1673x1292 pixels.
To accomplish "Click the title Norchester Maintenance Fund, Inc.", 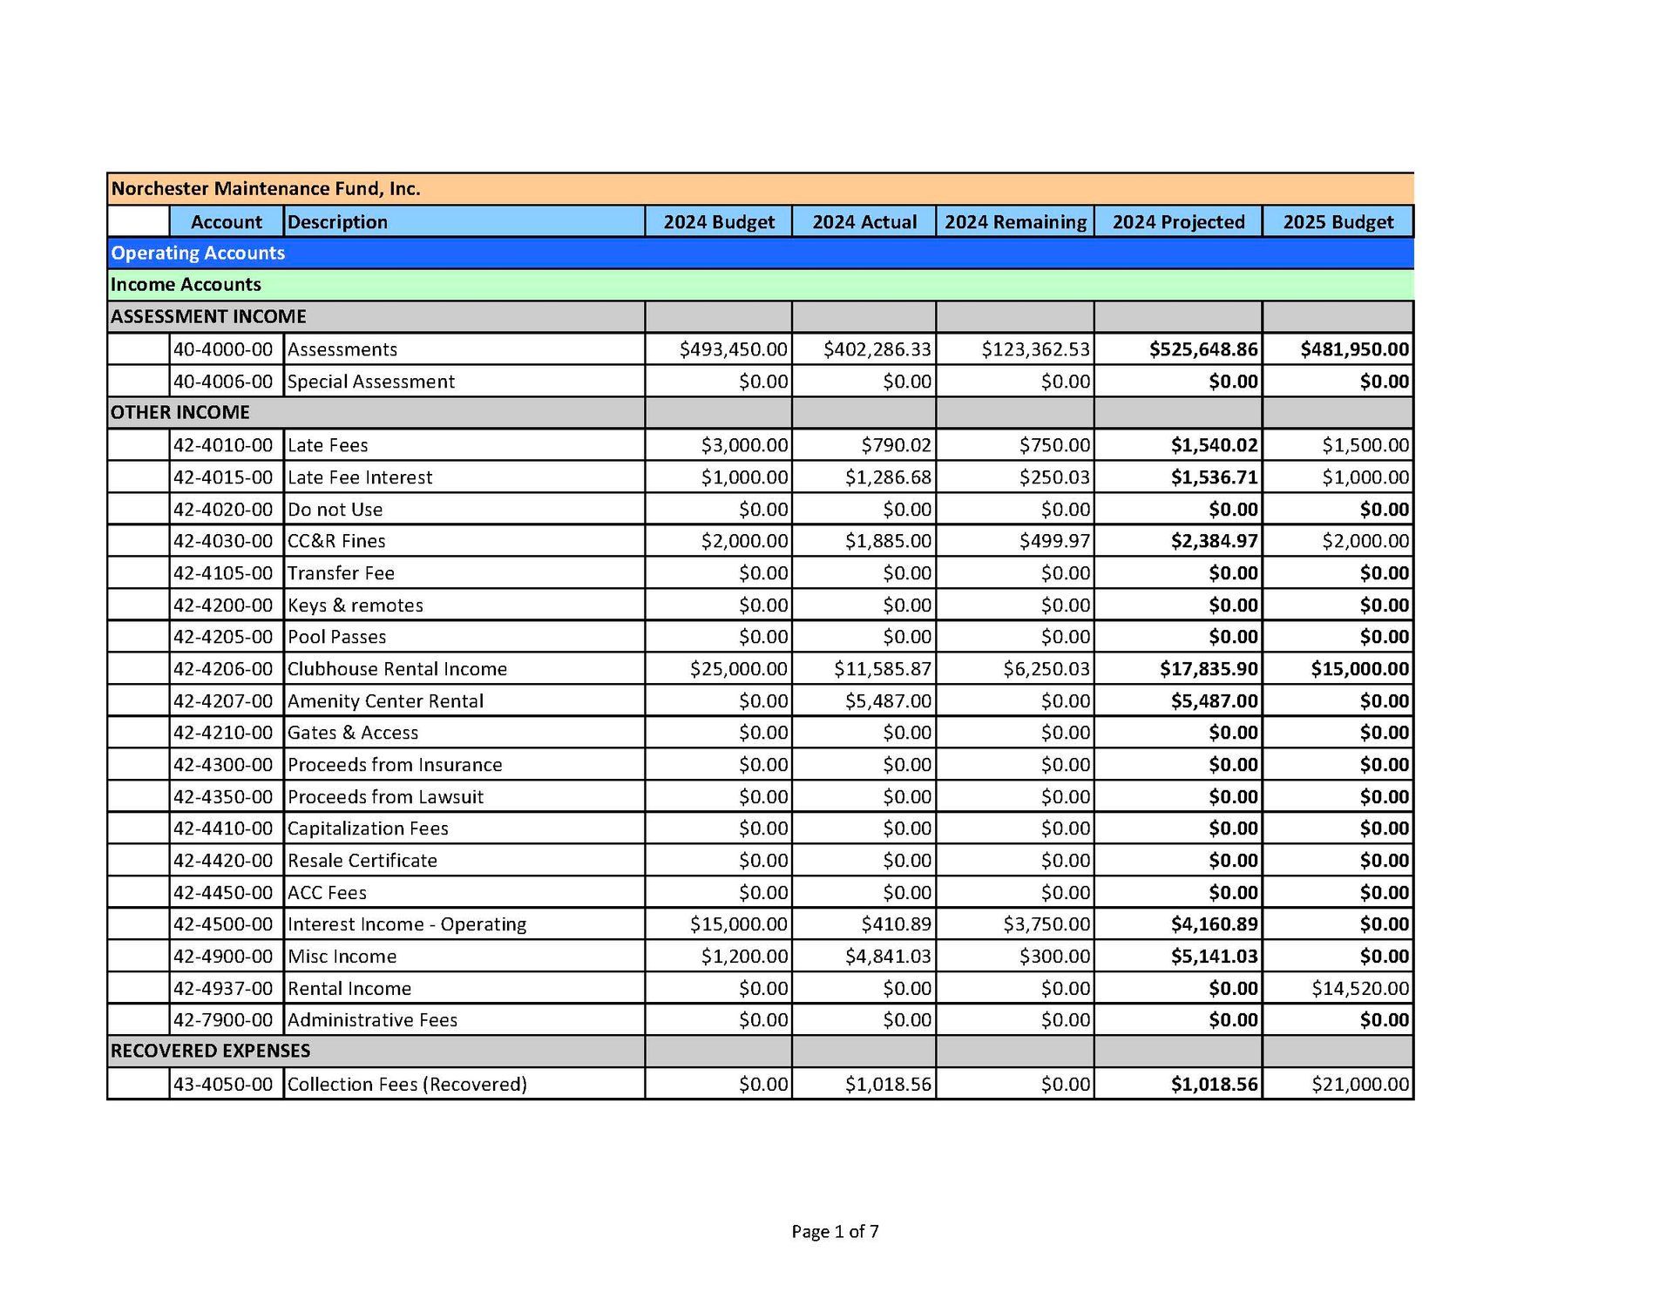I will (x=266, y=189).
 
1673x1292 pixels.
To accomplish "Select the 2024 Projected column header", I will (x=1178, y=222).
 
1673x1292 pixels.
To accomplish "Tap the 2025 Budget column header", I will (x=1338, y=222).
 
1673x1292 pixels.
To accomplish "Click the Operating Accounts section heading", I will (x=198, y=254).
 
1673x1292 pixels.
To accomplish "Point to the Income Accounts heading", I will (x=186, y=285).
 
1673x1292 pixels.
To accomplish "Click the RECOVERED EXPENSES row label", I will (x=210, y=1052).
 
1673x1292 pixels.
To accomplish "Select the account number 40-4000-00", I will (x=223, y=349).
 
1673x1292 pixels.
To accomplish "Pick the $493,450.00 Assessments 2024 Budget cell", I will (x=734, y=349).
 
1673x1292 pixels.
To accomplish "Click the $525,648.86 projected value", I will (x=1203, y=349).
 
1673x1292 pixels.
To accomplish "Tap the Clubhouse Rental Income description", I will (x=397, y=669).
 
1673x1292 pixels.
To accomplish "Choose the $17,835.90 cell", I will (x=1209, y=669).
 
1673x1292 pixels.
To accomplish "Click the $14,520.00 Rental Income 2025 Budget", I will (x=1359, y=989).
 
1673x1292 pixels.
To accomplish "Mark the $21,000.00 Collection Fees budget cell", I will (x=1359, y=1085).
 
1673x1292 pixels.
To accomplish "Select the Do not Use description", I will (x=335, y=510).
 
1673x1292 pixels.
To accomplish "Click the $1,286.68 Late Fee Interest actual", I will (x=888, y=477).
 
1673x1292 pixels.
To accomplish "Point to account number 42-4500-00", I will (x=223, y=924).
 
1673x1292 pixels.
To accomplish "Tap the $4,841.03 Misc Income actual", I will (x=888, y=957).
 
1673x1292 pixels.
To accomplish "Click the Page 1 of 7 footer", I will (x=835, y=1232).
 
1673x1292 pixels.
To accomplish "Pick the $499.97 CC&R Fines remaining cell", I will (x=1054, y=541).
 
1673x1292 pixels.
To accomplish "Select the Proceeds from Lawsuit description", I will (x=385, y=797).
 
